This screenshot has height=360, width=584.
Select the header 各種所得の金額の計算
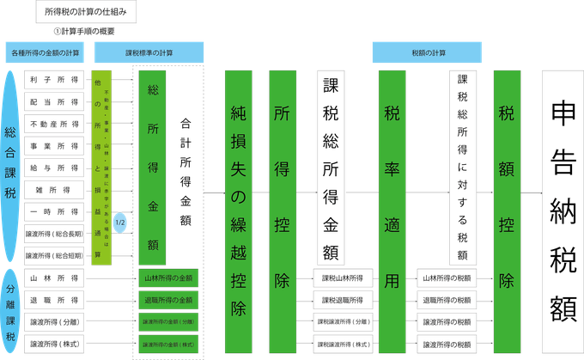[46, 52]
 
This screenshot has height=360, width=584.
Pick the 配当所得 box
[54, 101]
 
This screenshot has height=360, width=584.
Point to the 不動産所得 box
[54, 124]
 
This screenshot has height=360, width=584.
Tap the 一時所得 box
[54, 211]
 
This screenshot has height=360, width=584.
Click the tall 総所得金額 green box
[152, 167]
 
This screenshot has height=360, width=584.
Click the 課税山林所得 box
[345, 278]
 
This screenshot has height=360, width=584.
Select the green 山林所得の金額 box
[168, 278]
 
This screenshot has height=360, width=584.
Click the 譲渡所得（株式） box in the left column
[54, 344]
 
